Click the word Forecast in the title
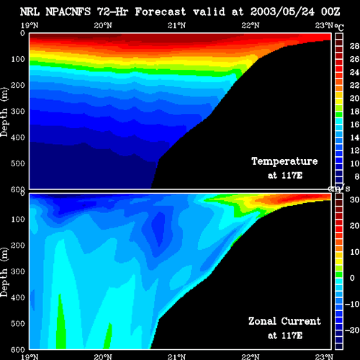[161, 12]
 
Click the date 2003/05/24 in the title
[282, 12]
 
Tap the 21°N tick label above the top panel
[176, 25]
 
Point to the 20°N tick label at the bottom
[103, 356]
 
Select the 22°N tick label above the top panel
[251, 25]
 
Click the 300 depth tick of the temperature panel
[18, 112]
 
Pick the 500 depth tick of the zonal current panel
[18, 323]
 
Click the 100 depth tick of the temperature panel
[18, 59]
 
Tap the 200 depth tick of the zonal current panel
[18, 246]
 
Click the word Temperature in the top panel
[284, 161]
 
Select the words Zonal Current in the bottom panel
[284, 321]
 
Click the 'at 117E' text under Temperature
[285, 176]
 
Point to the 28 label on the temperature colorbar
[354, 46]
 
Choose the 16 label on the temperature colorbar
[354, 125]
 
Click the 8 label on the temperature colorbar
[357, 176]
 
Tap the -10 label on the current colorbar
[352, 304]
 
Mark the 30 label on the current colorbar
[354, 199]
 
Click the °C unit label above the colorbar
[339, 27]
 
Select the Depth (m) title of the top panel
[4, 112]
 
